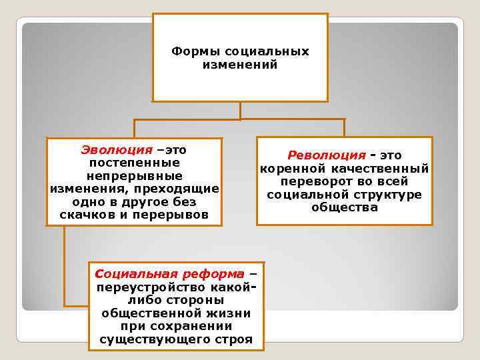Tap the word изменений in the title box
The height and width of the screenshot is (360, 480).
pyautogui.click(x=239, y=65)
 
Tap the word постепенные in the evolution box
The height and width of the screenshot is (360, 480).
pyautogui.click(x=133, y=162)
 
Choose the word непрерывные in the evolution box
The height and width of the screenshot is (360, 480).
pyautogui.click(x=133, y=175)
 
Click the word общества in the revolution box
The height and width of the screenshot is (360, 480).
pyautogui.click(x=344, y=207)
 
